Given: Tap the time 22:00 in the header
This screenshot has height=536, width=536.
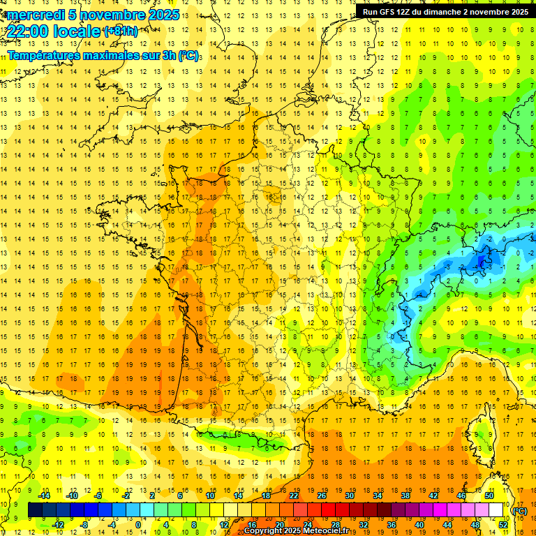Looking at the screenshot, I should [28, 31].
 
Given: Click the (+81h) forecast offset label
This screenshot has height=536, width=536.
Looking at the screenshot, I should [120, 31].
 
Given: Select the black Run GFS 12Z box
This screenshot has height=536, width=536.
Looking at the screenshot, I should [445, 11].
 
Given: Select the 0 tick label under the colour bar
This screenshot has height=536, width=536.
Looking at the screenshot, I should [138, 525].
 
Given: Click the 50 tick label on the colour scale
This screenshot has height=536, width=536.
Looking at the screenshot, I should [489, 496].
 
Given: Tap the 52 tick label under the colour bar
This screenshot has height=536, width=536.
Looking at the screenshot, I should [502, 525].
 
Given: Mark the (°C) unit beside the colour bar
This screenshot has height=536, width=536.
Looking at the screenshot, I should [520, 510].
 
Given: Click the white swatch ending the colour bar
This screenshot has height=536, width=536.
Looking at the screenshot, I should [496, 510].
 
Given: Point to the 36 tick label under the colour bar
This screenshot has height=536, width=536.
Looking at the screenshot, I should [391, 525].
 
